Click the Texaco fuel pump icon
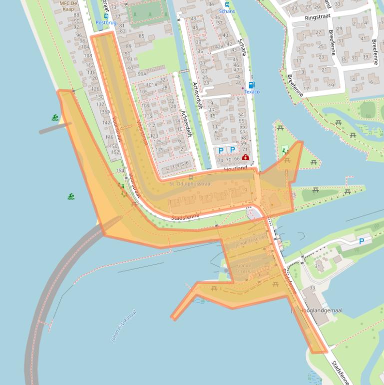click(252, 84)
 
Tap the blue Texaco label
click(252, 92)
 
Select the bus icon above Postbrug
click(106, 16)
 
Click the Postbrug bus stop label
click(106, 23)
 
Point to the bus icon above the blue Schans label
click(226, 4)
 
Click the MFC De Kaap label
click(68, 6)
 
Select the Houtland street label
click(236, 169)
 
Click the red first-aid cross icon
click(245, 157)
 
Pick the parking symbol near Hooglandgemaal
click(362, 241)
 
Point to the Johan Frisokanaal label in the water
click(123, 326)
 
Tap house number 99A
click(142, 74)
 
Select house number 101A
click(152, 85)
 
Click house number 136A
click(104, 111)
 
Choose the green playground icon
click(285, 149)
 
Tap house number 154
click(120, 171)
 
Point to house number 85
click(141, 36)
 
